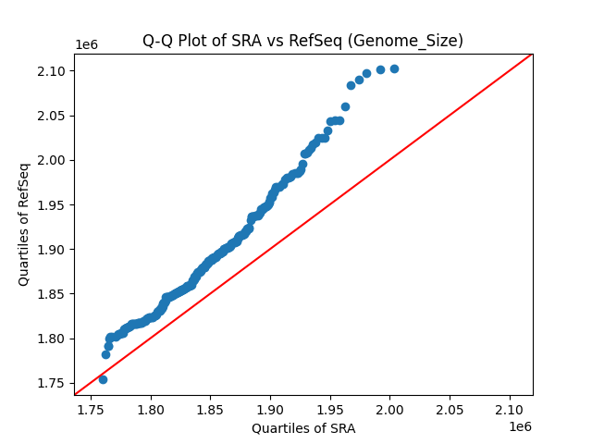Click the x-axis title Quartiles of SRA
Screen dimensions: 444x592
pos(303,428)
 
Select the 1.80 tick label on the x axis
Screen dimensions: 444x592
pos(150,407)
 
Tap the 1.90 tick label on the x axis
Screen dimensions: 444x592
pos(270,407)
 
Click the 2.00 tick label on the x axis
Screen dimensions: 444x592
pos(390,407)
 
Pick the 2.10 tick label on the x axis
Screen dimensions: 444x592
pos(510,407)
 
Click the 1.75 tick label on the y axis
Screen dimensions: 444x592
pos(51,383)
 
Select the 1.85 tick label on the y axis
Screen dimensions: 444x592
pos(51,294)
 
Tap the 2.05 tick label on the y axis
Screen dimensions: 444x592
pos(51,116)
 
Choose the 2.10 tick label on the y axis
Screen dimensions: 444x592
pos(51,71)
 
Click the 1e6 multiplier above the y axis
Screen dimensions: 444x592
pos(87,45)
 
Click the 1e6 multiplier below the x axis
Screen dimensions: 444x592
pos(519,425)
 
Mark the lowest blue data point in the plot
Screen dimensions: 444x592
pos(103,379)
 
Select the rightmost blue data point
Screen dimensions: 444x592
pos(394,68)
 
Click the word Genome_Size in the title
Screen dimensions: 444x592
pos(419,41)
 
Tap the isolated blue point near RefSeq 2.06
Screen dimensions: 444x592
pos(345,106)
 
